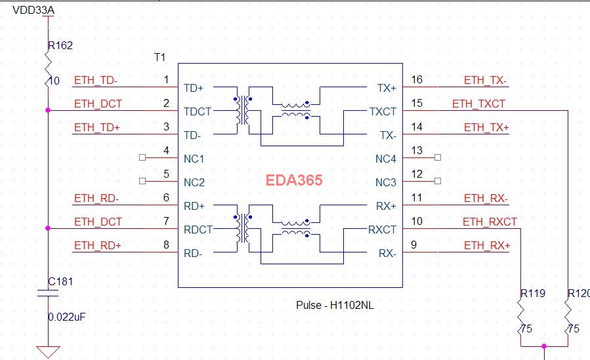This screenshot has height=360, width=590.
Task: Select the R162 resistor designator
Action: pos(60,46)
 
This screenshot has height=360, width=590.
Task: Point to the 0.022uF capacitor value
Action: pos(67,317)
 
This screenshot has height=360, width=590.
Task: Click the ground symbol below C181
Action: pos(48,351)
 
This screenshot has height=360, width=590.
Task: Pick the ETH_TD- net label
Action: pos(96,81)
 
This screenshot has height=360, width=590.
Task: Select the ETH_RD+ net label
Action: pos(97,246)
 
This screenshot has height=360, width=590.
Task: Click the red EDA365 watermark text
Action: pos(293,180)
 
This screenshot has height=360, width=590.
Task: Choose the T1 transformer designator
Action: pos(159,58)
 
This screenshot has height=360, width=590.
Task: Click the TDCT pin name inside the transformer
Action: pos(198,111)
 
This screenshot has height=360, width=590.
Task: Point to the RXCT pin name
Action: pos(383,230)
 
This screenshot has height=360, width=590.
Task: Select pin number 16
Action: pos(417,80)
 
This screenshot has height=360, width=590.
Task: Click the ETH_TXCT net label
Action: pos(478,104)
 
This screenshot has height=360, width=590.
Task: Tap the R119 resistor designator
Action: pos(533,293)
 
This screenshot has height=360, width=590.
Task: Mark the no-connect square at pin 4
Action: pos(143,158)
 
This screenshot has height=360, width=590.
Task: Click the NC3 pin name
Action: pos(386,182)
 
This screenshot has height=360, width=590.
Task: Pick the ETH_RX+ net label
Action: pos(486,246)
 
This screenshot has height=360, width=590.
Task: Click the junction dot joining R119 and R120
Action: pos(544,346)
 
